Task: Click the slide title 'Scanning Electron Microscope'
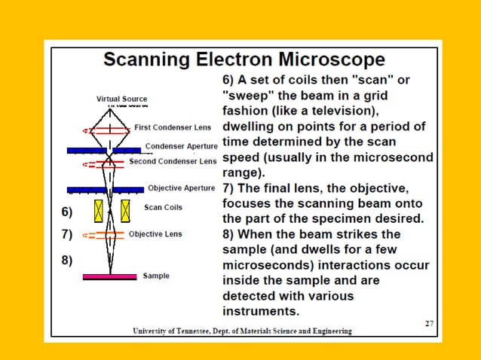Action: pyautogui.click(x=244, y=59)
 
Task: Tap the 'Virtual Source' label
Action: pyautogui.click(x=122, y=99)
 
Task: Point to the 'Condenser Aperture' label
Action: pyautogui.click(x=181, y=145)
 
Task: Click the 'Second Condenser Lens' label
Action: pyautogui.click(x=173, y=161)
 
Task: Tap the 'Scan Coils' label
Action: pyautogui.click(x=163, y=207)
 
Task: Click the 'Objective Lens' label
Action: pyautogui.click(x=155, y=234)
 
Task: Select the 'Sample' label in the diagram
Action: pyautogui.click(x=156, y=276)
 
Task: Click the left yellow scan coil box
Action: pyautogui.click(x=98, y=211)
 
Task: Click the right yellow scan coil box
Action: pyautogui.click(x=126, y=211)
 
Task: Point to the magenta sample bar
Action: pyautogui.click(x=110, y=277)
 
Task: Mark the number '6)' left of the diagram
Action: pyautogui.click(x=67, y=212)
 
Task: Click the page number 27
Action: pyautogui.click(x=429, y=323)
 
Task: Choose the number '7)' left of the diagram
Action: pyautogui.click(x=67, y=234)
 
